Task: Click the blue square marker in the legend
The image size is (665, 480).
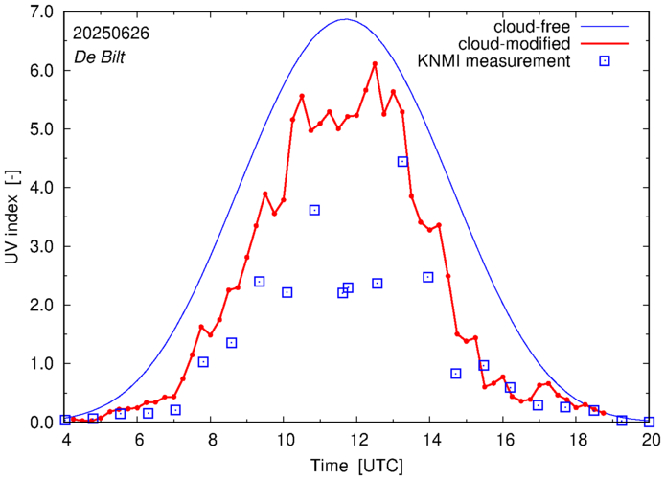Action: pos(605,62)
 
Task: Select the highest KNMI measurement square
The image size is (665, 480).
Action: pos(402,161)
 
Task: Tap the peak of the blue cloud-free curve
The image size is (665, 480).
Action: pos(346,19)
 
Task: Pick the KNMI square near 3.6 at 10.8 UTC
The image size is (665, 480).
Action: pos(314,210)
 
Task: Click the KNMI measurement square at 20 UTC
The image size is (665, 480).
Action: pos(650,422)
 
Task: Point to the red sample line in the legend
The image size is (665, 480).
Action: pos(605,43)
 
